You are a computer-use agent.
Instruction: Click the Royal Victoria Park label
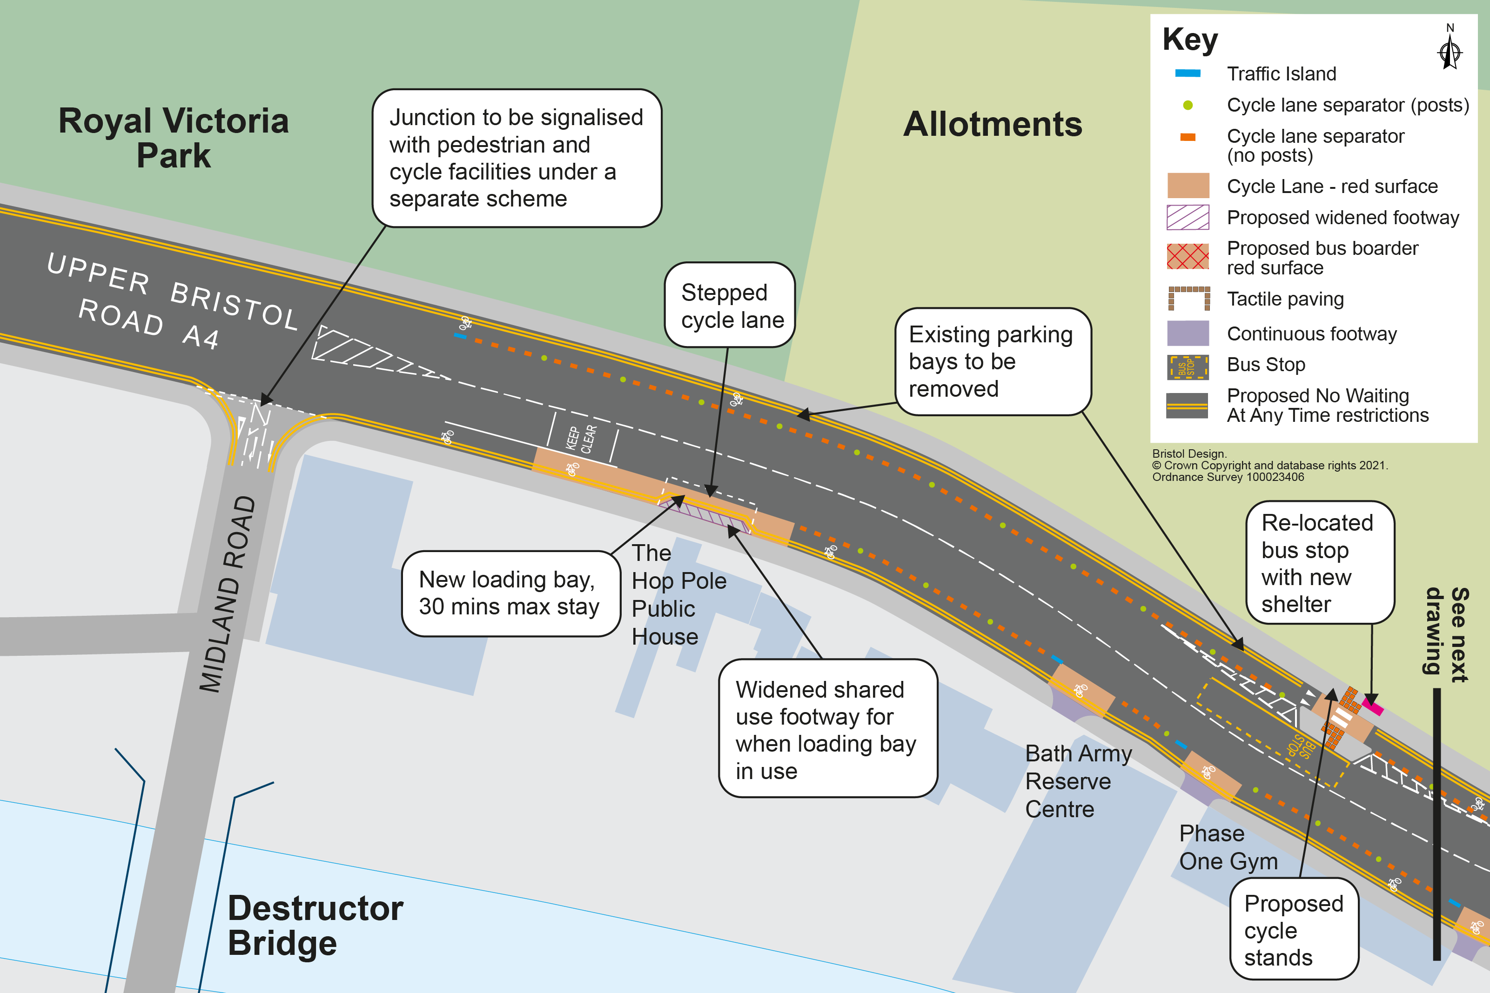pos(173,137)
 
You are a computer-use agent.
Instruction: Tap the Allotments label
pos(993,124)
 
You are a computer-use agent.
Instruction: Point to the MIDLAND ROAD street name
pos(228,594)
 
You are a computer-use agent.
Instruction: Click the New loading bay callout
pos(510,593)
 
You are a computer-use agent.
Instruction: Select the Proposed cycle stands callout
pos(1293,929)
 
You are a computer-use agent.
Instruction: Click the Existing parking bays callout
pos(992,361)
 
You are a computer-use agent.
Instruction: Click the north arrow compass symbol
pos(1450,51)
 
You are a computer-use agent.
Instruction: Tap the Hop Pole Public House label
pos(678,595)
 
